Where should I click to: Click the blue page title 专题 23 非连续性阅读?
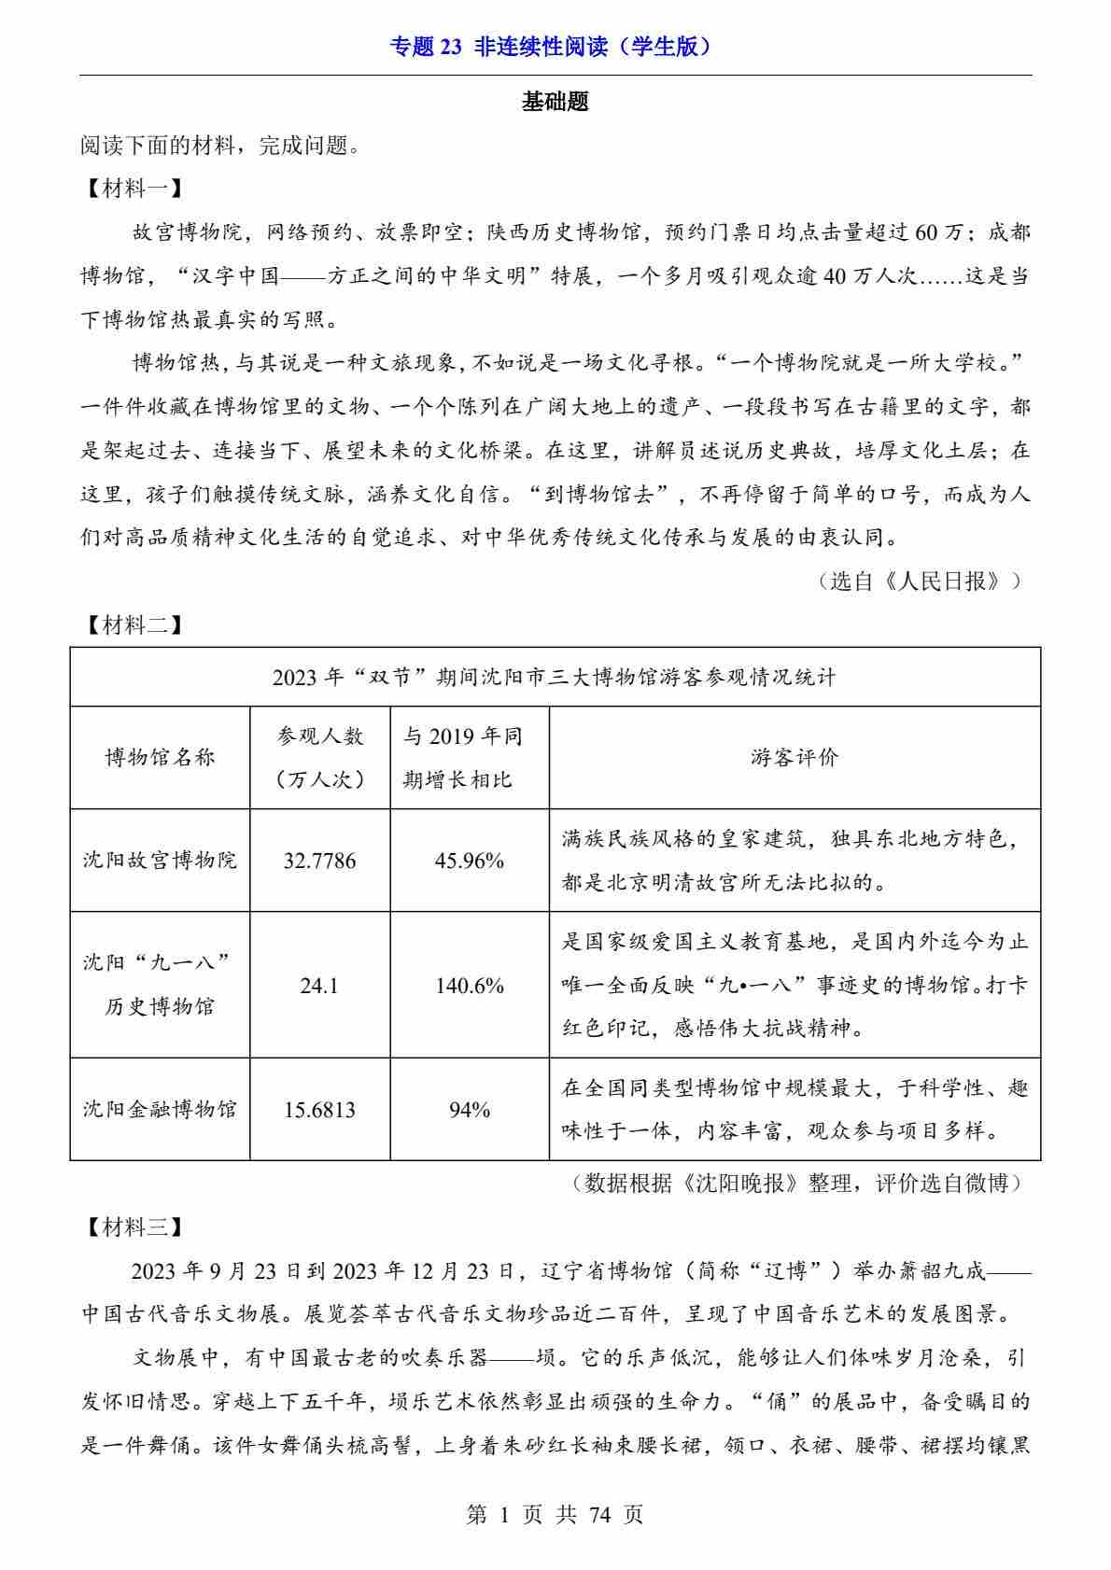point(555,47)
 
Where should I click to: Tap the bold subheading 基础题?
point(555,102)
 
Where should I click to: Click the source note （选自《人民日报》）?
point(919,582)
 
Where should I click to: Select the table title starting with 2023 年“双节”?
point(555,677)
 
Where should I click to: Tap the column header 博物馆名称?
point(160,757)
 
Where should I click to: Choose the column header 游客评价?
point(795,757)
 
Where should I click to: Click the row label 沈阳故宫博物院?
point(160,860)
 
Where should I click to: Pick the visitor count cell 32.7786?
point(319,860)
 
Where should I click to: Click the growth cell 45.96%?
point(469,860)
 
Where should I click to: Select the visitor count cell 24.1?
point(319,985)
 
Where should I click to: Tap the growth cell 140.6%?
point(469,985)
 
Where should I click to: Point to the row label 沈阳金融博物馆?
point(160,1109)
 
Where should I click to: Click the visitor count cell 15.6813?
point(319,1109)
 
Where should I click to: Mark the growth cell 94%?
point(469,1109)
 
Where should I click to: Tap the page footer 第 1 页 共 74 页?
point(555,1514)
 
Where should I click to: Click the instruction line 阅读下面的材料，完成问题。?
point(220,146)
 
